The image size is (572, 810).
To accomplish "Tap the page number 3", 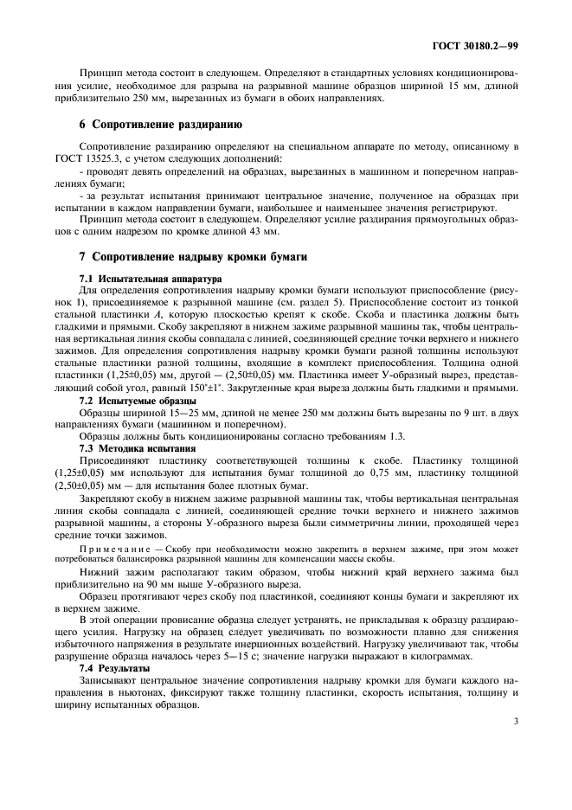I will coord(516,720).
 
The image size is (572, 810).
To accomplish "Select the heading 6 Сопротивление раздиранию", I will coord(149,125).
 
